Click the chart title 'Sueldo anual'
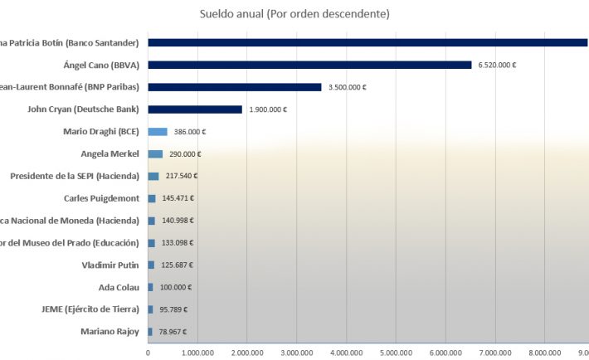294,13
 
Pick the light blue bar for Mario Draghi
158,131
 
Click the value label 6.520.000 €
497,65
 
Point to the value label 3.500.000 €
348,87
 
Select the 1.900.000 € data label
268,109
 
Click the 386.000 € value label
189,132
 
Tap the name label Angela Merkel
110,153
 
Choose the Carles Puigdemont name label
102,198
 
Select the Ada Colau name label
120,287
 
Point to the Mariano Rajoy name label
108,332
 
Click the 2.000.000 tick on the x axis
247,352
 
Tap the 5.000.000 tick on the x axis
396,352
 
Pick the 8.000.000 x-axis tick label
544,352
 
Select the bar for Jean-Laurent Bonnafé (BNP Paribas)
235,87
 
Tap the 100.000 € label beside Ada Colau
176,287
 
